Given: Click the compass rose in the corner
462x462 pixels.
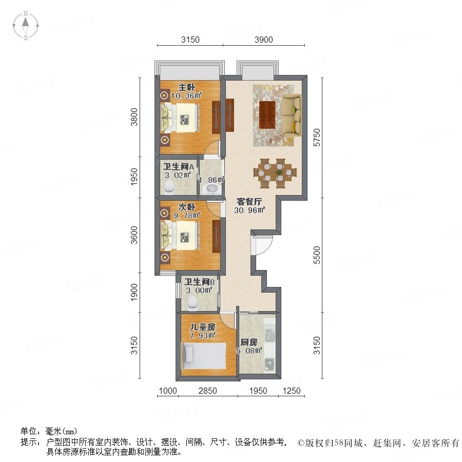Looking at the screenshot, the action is point(26,26).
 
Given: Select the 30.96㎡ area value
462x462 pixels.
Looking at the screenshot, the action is point(249,210).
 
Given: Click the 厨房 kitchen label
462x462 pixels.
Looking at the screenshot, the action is point(248,342).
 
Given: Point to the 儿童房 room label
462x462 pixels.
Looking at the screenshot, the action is point(203,327).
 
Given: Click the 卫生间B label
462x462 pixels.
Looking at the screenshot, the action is point(199,282).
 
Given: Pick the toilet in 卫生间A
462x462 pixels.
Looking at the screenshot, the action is point(169,186).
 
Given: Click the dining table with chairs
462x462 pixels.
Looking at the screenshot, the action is point(275,174).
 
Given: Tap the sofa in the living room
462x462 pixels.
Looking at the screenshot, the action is point(291,115).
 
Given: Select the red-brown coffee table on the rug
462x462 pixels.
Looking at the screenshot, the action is point(267,115).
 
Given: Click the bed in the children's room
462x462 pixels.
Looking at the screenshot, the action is point(204,356).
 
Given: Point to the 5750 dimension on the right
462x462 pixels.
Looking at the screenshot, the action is point(316,137).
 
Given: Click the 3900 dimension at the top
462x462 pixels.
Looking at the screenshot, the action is point(263,40).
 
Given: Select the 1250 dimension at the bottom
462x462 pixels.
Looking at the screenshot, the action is point(292,391).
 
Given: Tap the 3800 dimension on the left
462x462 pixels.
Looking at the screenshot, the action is point(134,117).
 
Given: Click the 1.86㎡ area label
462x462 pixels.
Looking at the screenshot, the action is point(211,180).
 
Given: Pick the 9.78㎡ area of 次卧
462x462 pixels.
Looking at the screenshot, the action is point(187,216).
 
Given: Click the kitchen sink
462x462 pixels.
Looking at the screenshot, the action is point(269,335).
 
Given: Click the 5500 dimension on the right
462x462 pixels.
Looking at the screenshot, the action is point(316,255).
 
